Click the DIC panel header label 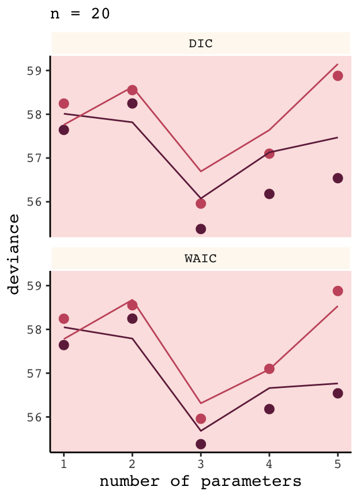point(201,44)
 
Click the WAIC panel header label point(201,259)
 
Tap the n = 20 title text point(81,14)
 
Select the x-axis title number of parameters point(200,481)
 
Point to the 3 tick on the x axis point(201,463)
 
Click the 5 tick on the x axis point(337,463)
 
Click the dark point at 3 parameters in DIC point(201,229)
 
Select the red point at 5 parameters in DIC point(337,76)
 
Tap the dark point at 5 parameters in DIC point(337,178)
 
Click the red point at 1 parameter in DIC point(64,104)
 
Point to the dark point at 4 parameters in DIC point(269,194)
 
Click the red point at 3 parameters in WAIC point(201,418)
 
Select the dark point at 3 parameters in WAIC point(201,444)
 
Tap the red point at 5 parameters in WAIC point(337,291)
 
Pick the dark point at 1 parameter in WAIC point(64,345)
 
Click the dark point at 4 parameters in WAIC point(269,409)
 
